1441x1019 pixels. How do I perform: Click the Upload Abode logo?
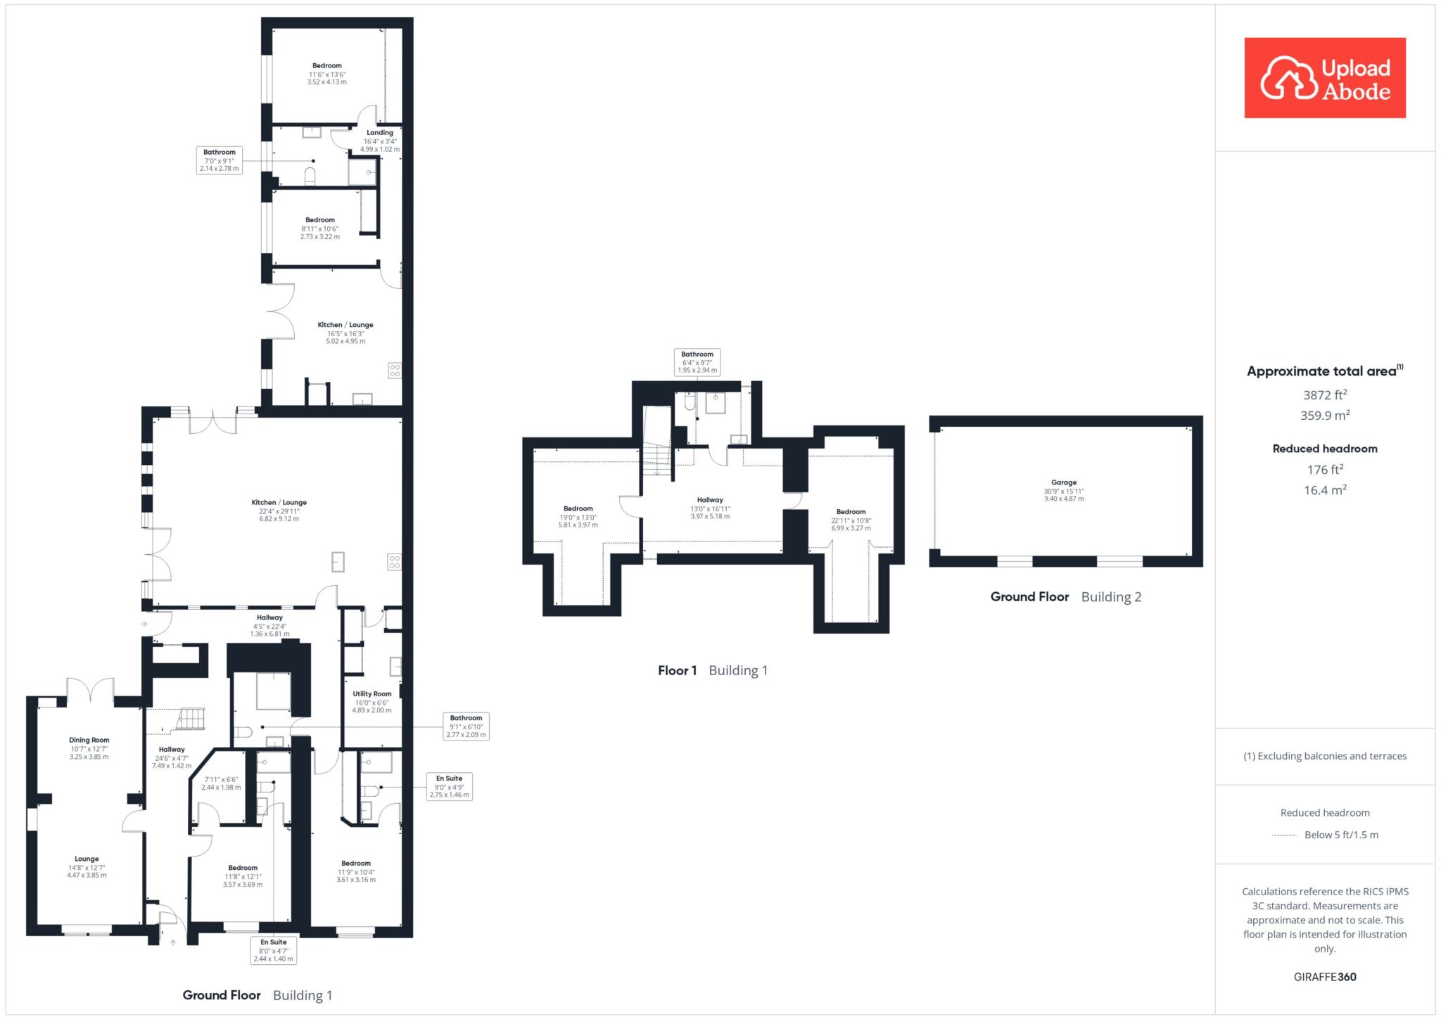click(x=1325, y=78)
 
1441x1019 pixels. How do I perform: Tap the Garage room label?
click(x=1064, y=482)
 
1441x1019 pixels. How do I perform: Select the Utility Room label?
click(x=372, y=693)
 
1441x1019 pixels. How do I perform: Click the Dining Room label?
click(x=89, y=740)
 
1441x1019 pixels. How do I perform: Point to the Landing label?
click(x=380, y=132)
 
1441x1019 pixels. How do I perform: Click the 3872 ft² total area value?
click(x=1325, y=395)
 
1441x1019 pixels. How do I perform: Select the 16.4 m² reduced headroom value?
click(x=1325, y=490)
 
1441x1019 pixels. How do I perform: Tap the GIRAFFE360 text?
click(x=1325, y=977)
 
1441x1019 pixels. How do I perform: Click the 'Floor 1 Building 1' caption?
click(x=713, y=670)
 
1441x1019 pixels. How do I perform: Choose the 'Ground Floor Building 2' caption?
click(x=1066, y=597)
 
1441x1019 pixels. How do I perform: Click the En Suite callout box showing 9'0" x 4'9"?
click(x=450, y=786)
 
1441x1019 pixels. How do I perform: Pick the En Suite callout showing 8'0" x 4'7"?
click(x=274, y=950)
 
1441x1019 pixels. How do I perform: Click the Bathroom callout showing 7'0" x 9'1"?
click(x=220, y=160)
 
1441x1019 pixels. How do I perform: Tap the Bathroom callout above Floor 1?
click(x=697, y=362)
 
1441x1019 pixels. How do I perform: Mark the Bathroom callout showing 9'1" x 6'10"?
click(x=466, y=726)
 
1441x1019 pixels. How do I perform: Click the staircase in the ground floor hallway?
click(x=189, y=719)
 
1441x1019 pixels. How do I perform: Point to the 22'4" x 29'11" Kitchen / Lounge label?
click(x=279, y=511)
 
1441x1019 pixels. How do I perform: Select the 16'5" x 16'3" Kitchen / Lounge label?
click(x=345, y=333)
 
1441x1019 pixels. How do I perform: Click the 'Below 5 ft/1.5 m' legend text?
click(x=1341, y=835)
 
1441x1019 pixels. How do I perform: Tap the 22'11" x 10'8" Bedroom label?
click(x=851, y=520)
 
